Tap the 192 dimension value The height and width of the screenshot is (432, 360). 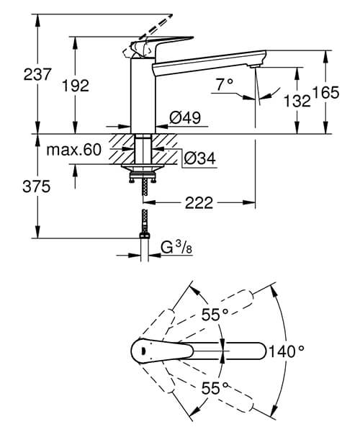pyautogui.click(x=75, y=86)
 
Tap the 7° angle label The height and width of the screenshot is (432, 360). pyautogui.click(x=224, y=86)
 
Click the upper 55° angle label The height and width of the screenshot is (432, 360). pyautogui.click(x=213, y=315)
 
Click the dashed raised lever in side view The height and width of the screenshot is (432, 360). pyautogui.click(x=155, y=25)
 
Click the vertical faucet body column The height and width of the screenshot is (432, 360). pyautogui.click(x=143, y=97)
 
